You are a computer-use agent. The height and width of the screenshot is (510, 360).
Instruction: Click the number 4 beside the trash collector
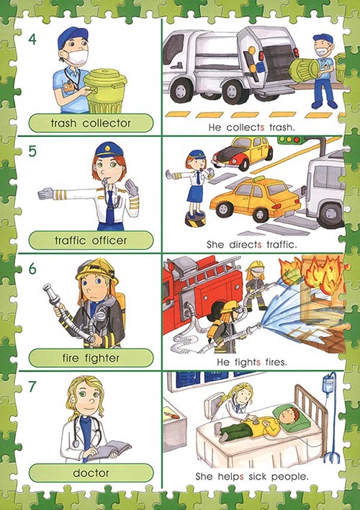[x=32, y=40]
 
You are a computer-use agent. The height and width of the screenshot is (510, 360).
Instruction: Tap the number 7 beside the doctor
[x=32, y=386]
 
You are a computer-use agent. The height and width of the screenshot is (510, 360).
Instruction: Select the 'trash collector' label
[x=91, y=123]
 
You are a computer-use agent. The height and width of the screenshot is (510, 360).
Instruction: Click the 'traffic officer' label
[x=91, y=241]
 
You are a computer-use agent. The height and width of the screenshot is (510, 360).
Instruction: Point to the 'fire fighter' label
[x=91, y=358]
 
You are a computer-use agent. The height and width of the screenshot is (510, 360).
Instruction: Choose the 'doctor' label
[x=91, y=473]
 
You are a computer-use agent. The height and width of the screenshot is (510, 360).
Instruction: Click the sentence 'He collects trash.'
[x=252, y=127]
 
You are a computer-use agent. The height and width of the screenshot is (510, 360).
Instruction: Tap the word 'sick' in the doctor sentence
[x=257, y=476]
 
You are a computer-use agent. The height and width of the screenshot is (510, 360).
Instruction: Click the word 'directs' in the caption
[x=246, y=245]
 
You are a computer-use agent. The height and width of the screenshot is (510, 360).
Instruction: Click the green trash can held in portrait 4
[x=104, y=91]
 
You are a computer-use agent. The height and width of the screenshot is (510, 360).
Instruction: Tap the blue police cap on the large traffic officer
[x=109, y=150]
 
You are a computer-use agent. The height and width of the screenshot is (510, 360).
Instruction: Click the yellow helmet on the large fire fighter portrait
[x=96, y=271]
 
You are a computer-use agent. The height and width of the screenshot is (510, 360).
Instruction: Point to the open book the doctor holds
[x=109, y=449]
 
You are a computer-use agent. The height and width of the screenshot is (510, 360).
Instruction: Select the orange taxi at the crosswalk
[x=255, y=199]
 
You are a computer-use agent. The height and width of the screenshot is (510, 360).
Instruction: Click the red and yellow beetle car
[x=242, y=153]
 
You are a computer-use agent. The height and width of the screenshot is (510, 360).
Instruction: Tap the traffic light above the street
[x=289, y=140]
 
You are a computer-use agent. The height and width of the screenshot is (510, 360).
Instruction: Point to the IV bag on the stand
[x=328, y=384]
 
